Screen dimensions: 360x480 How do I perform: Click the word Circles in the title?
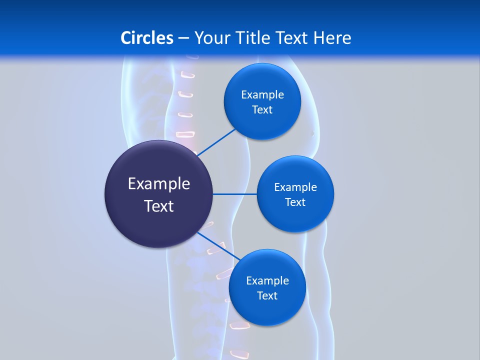coord(147,38)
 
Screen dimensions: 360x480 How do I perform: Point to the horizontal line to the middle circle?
coord(234,194)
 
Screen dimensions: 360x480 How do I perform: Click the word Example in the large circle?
coord(159,184)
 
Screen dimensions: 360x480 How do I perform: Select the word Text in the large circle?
coord(159,206)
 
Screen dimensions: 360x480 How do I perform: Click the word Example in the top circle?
coord(262,95)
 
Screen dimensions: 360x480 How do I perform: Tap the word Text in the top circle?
coord(262,110)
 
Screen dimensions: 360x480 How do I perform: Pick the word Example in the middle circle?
coord(295,187)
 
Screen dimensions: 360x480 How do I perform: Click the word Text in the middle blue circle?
coord(295,202)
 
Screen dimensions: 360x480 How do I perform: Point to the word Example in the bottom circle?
coord(267,281)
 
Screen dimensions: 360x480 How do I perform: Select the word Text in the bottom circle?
coord(267,296)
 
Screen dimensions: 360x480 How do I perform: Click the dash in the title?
coord(183,38)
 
